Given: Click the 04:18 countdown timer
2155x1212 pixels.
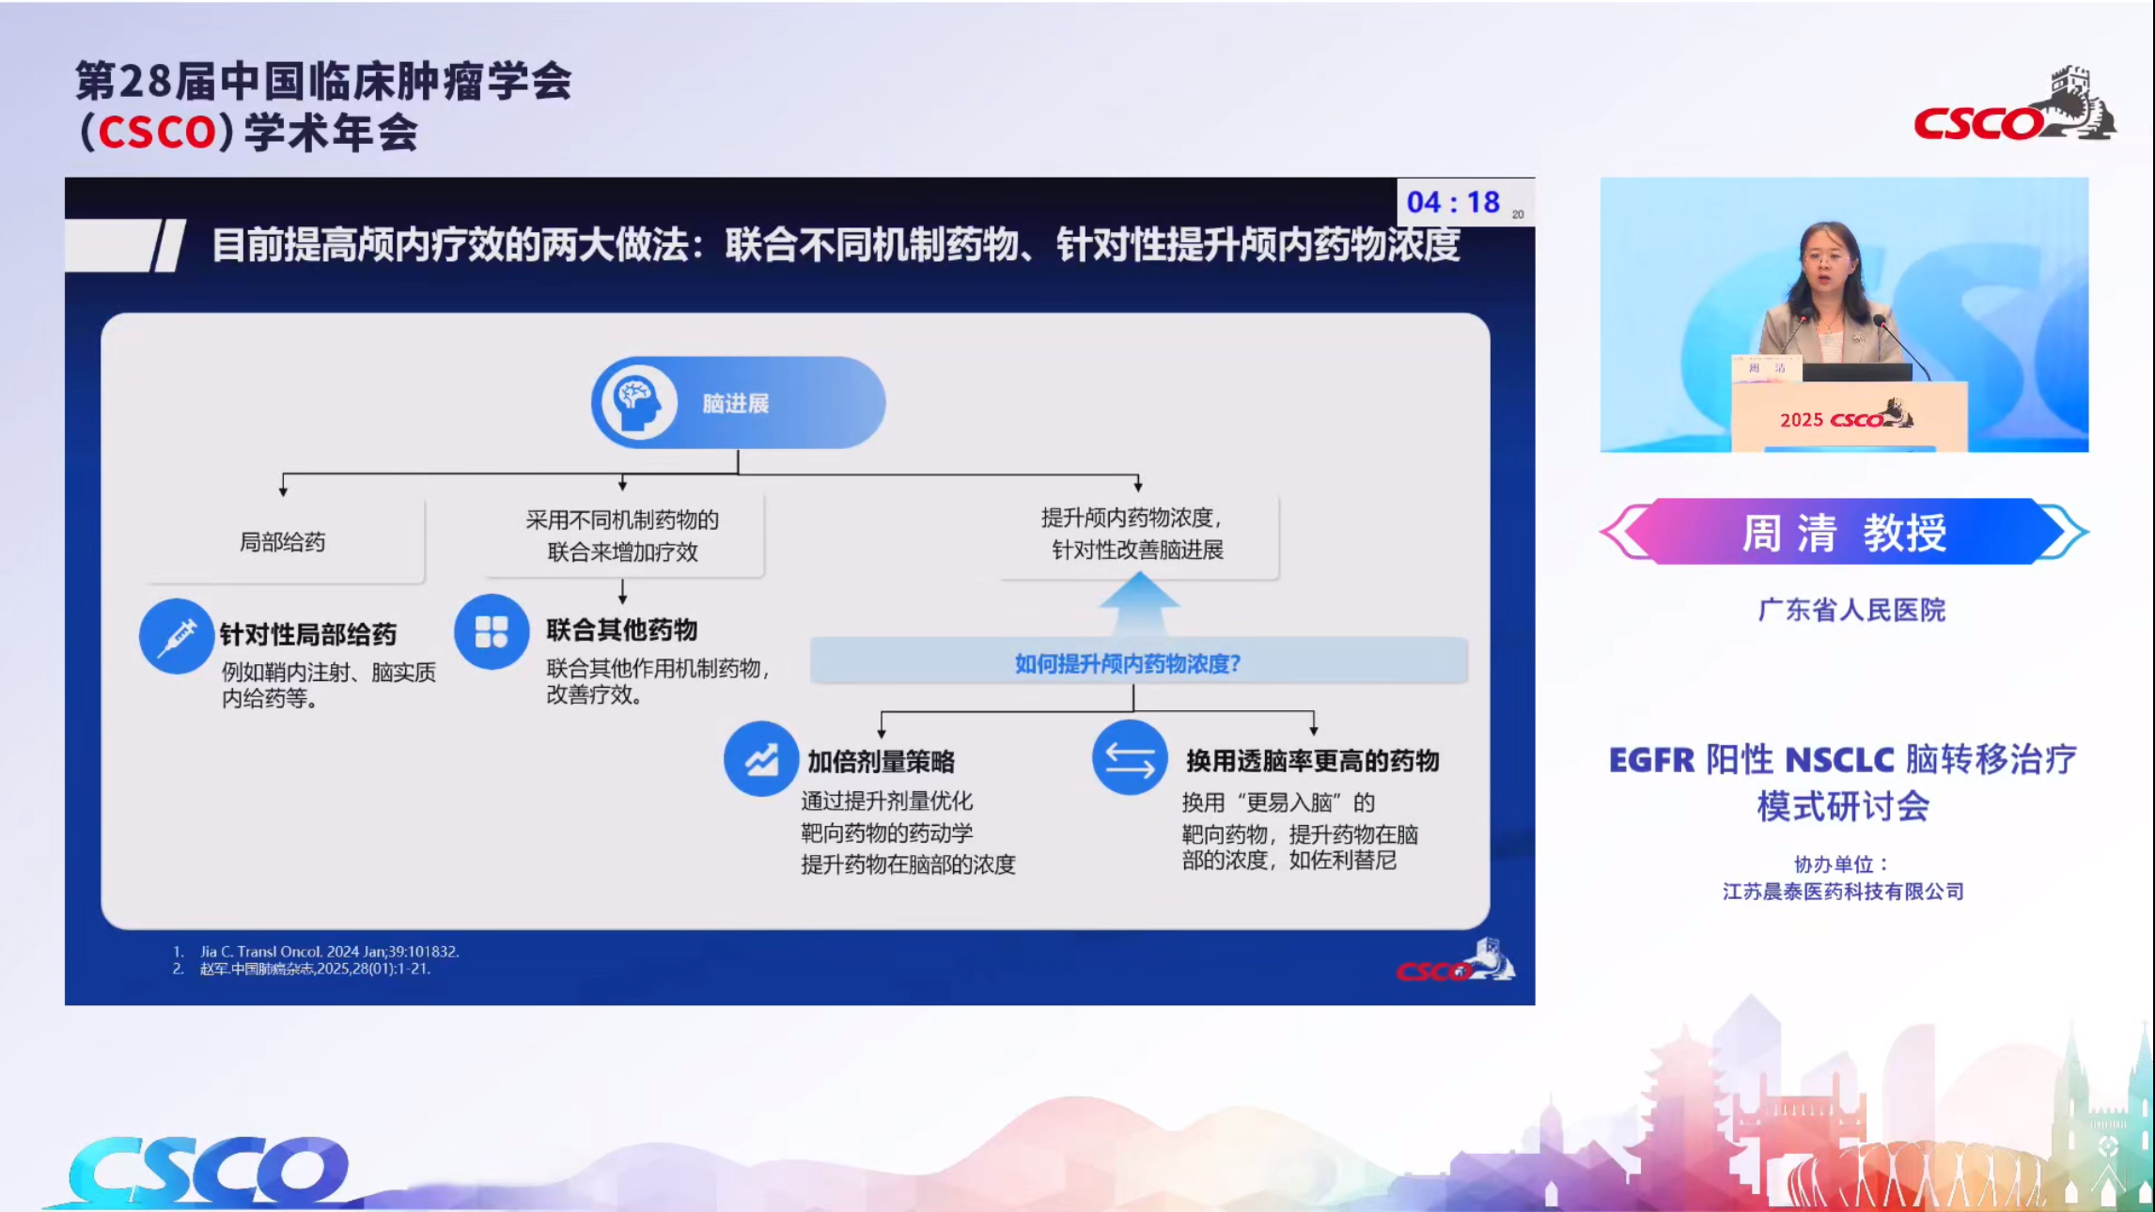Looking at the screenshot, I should click(x=1453, y=202).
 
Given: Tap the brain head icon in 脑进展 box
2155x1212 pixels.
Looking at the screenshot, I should click(x=638, y=402).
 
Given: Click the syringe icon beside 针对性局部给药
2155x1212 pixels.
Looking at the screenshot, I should click(x=176, y=636).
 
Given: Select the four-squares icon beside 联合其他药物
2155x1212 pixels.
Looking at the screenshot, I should click(x=491, y=631).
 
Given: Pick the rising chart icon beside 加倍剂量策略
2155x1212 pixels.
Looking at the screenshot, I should click(x=760, y=759).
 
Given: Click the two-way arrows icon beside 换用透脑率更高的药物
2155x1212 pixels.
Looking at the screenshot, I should click(x=1129, y=758).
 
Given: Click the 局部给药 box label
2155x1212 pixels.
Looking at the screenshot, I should click(x=282, y=542).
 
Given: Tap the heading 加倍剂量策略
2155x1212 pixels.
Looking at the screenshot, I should click(x=881, y=761).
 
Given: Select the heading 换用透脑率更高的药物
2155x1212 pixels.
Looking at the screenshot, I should click(x=1312, y=760).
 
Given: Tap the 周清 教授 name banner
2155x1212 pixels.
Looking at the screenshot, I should click(x=1844, y=532).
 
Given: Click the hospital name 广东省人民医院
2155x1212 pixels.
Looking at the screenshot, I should click(x=1850, y=610).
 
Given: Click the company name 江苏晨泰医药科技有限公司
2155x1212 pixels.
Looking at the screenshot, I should click(x=1842, y=892).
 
